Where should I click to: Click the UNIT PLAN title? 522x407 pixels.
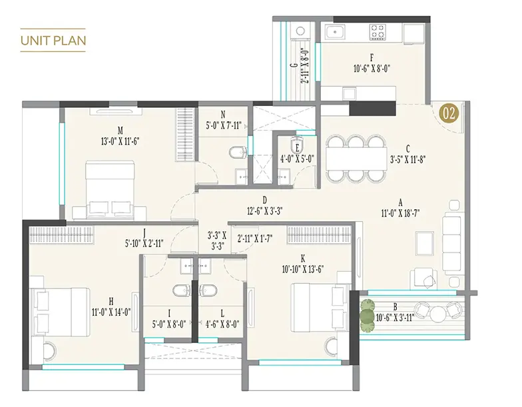click(x=53, y=40)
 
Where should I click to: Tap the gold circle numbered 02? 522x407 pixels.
click(x=449, y=113)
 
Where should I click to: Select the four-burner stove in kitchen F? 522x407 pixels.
click(x=378, y=32)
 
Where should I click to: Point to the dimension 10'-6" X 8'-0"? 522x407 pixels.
click(x=372, y=69)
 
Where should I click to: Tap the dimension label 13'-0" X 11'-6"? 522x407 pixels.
click(x=120, y=141)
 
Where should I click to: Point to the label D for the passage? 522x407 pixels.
click(x=265, y=200)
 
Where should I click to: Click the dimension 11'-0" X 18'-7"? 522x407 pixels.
click(x=400, y=213)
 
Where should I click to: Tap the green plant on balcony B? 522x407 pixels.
click(x=367, y=316)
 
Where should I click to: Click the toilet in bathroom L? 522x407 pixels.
click(x=208, y=290)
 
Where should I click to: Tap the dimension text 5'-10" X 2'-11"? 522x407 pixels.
click(x=144, y=243)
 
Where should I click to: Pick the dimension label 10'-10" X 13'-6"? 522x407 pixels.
click(x=303, y=269)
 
